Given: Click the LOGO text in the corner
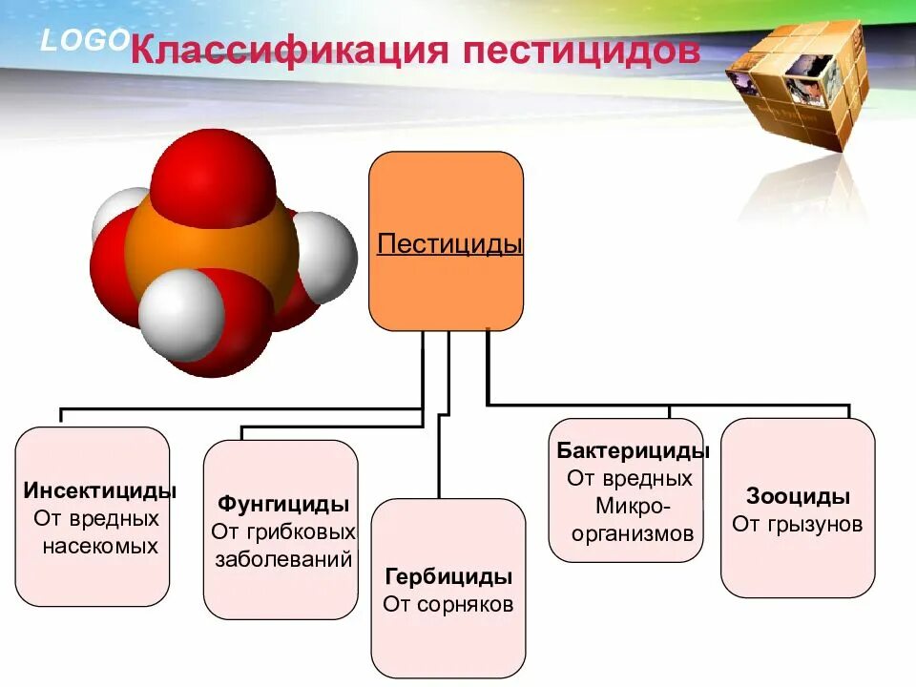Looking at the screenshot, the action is (x=84, y=39).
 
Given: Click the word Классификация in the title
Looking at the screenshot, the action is (x=288, y=50).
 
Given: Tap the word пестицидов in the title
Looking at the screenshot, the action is (x=581, y=50).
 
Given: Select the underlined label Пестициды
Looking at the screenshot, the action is (x=449, y=243).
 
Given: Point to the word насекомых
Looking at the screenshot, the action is (x=99, y=547).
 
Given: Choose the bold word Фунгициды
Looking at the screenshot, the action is (x=283, y=503).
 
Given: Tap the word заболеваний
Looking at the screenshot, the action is (x=283, y=558).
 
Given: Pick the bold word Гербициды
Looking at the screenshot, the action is (x=448, y=576).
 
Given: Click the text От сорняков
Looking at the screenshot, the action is (x=448, y=604).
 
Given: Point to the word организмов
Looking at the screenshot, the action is (x=633, y=533).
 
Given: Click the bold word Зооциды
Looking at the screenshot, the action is (x=798, y=496).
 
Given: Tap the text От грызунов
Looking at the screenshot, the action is (x=798, y=524).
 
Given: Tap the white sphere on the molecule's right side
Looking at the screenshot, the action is (x=323, y=256).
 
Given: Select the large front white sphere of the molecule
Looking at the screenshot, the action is (x=181, y=313).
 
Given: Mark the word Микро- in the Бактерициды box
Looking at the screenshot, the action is (x=633, y=506).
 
